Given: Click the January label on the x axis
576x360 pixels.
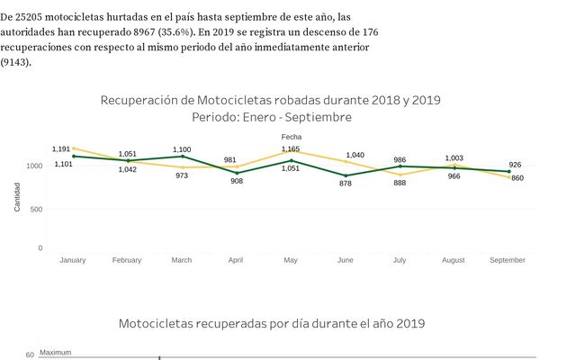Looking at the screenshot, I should coord(72,260).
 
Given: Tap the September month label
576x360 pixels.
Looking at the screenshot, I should coord(508,260).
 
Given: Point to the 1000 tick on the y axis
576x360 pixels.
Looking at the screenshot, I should coord(34,166).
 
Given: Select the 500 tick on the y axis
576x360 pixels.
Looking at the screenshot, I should coord(36,209).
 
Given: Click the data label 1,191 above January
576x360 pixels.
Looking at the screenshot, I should coord(61,148).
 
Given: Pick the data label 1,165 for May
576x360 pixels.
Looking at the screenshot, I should coord(290,148).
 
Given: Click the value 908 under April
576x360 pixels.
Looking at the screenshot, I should coord(237,181).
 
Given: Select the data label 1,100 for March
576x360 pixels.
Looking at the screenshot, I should coord(182,149).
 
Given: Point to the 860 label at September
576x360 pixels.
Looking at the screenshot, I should coord(517,178).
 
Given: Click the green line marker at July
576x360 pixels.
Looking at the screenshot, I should coord(400,166).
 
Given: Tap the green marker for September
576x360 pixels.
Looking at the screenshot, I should coord(508,171).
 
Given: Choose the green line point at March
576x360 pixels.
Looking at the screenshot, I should coord(182,157).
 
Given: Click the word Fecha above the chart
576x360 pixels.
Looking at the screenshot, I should coord(291,137).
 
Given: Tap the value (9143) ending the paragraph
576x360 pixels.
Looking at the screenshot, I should coord(15,62).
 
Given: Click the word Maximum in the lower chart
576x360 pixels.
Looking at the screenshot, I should coord(55,353).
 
